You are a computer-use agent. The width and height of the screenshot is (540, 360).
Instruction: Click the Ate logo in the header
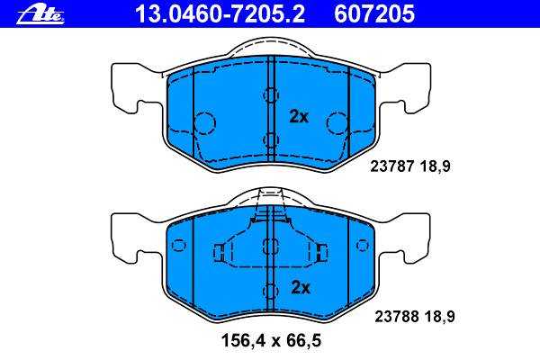pos(40,15)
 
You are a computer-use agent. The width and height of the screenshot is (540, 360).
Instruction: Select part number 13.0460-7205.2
pos(220,14)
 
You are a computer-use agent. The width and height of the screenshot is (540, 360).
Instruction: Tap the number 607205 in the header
pos(374,14)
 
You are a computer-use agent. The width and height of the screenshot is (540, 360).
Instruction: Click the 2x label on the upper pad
pos(299,117)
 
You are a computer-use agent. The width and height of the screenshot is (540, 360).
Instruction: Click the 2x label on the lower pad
pos(301,287)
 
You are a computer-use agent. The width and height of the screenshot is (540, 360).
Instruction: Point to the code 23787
pos(391,166)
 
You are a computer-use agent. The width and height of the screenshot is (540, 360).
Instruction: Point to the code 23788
pos(396,316)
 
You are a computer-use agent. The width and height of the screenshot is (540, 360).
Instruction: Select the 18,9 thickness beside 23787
pos(436,166)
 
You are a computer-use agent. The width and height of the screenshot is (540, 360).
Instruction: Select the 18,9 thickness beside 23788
pos(440,316)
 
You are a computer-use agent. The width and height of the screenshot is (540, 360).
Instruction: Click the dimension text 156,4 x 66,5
pos(271,341)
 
